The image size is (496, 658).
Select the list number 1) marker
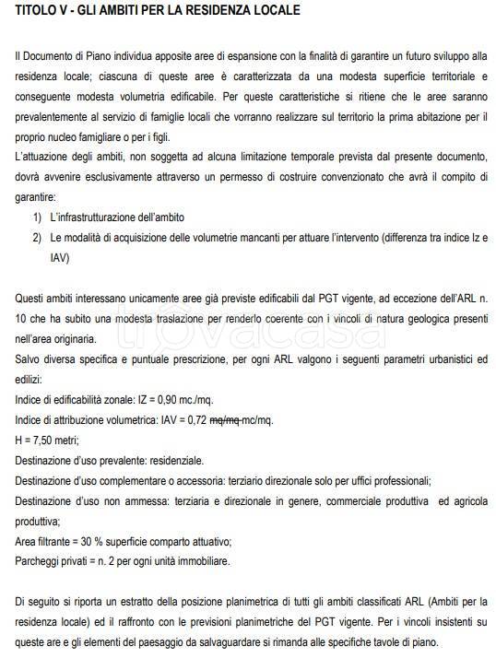click(x=38, y=217)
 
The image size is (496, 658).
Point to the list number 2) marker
click(x=38, y=238)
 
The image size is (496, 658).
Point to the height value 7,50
click(x=44, y=440)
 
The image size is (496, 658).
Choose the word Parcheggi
click(x=38, y=561)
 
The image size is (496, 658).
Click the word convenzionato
click(x=350, y=176)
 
